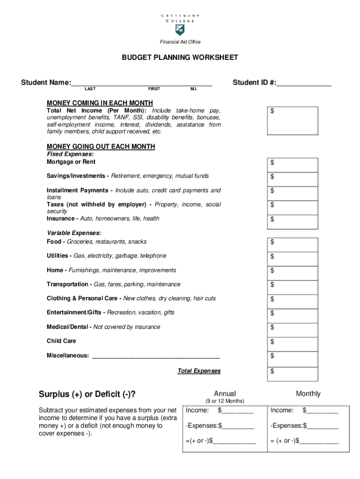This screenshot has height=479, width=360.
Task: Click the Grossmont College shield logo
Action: click(180, 30)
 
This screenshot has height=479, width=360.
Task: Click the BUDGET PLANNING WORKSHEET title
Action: click(180, 58)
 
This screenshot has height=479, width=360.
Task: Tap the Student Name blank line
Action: click(142, 83)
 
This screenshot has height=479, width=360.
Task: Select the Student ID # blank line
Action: click(304, 83)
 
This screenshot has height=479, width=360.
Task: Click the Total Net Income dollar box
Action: click(293, 121)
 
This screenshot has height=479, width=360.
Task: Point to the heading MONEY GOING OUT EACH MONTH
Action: click(101, 146)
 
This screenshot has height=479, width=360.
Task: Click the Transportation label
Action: click(69, 284)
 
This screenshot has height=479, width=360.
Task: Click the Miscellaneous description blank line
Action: click(156, 356)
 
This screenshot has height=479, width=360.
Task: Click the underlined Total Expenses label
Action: click(199, 371)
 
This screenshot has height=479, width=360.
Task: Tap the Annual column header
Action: click(225, 394)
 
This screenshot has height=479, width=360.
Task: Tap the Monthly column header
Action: click(308, 394)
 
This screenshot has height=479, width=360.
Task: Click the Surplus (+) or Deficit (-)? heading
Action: click(90, 394)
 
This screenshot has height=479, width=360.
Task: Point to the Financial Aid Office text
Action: click(180, 42)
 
